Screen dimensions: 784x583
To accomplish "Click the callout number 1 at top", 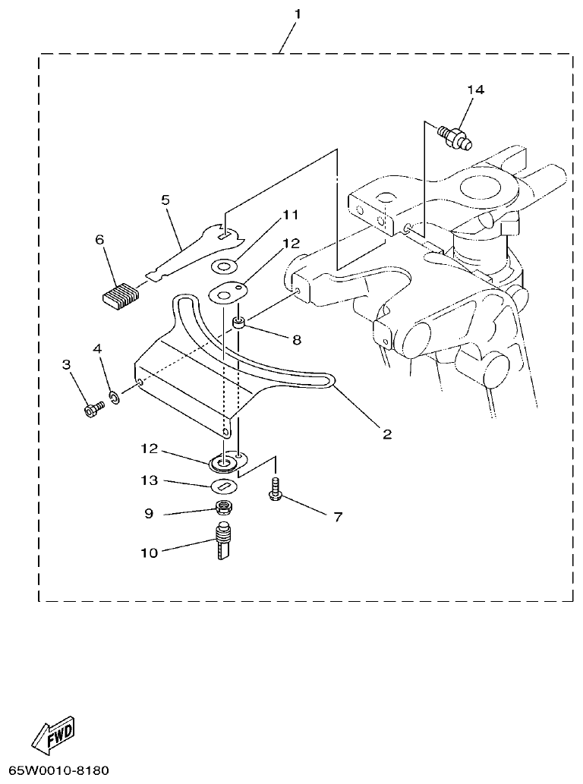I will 297,14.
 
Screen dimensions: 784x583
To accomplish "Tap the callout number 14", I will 475,90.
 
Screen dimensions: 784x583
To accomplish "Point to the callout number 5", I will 165,200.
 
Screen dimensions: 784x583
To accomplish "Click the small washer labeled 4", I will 115,397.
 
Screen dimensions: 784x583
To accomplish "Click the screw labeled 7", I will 274,490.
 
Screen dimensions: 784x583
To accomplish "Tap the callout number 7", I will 338,517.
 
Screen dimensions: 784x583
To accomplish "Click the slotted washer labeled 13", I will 222,486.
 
